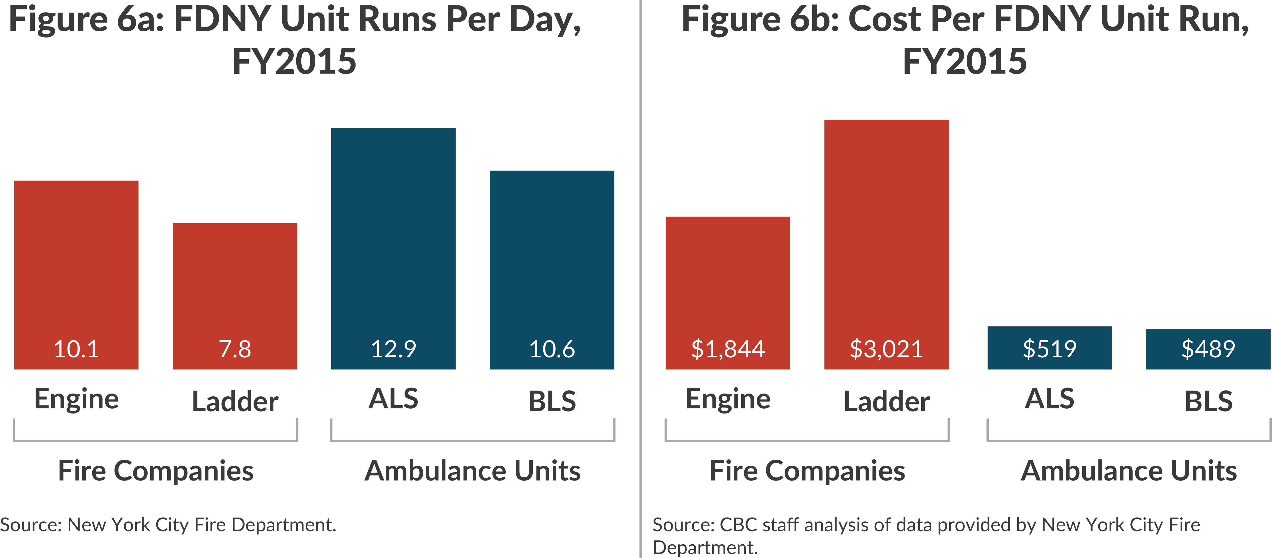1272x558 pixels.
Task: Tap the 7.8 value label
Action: [x=235, y=349]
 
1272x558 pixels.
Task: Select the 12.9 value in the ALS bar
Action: [x=393, y=349]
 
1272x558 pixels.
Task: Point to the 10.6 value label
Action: [x=552, y=349]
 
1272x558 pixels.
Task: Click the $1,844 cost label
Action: [x=728, y=349]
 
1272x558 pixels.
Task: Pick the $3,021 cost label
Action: [x=886, y=349]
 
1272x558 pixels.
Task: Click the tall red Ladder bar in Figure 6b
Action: [x=886, y=222]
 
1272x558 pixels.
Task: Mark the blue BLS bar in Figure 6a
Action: [x=552, y=247]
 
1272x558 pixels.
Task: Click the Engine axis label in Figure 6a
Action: [x=77, y=399]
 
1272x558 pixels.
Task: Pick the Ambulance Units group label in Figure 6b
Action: [x=1129, y=471]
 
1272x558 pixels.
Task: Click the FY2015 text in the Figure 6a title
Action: [x=294, y=62]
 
